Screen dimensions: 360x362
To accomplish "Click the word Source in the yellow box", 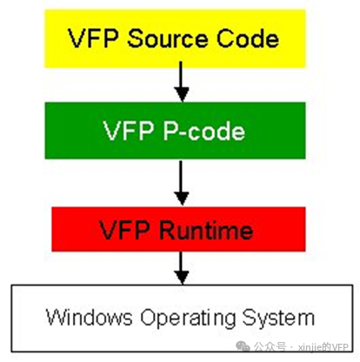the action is coord(167,38).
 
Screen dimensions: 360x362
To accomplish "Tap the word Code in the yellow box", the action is coord(248,38).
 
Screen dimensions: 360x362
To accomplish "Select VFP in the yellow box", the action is coord(93,38).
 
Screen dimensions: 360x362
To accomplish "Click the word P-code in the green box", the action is coord(204,131).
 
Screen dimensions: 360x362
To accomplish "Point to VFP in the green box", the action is coord(129,131).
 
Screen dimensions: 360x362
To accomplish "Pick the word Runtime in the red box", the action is coord(206,230).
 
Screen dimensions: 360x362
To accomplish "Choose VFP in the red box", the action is coord(124,230).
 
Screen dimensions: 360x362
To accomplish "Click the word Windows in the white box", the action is coord(89,317).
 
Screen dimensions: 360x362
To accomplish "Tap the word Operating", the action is coord(188,319).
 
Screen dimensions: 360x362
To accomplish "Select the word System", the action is coord(278,318).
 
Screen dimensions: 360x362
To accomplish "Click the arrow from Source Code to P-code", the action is coord(182,82).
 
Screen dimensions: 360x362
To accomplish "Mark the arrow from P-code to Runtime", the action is coord(182,183).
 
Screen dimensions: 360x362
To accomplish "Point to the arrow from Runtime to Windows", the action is coord(182,268).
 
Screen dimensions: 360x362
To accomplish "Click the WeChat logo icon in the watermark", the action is coord(243,346).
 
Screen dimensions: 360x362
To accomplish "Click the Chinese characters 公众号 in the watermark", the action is coord(270,346).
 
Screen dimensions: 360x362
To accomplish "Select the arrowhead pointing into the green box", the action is coord(182,95).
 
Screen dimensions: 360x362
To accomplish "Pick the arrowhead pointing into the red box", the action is coord(182,198).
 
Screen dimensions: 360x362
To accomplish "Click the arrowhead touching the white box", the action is coord(182,278).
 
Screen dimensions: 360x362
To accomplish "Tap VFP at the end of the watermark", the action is coord(340,347).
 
